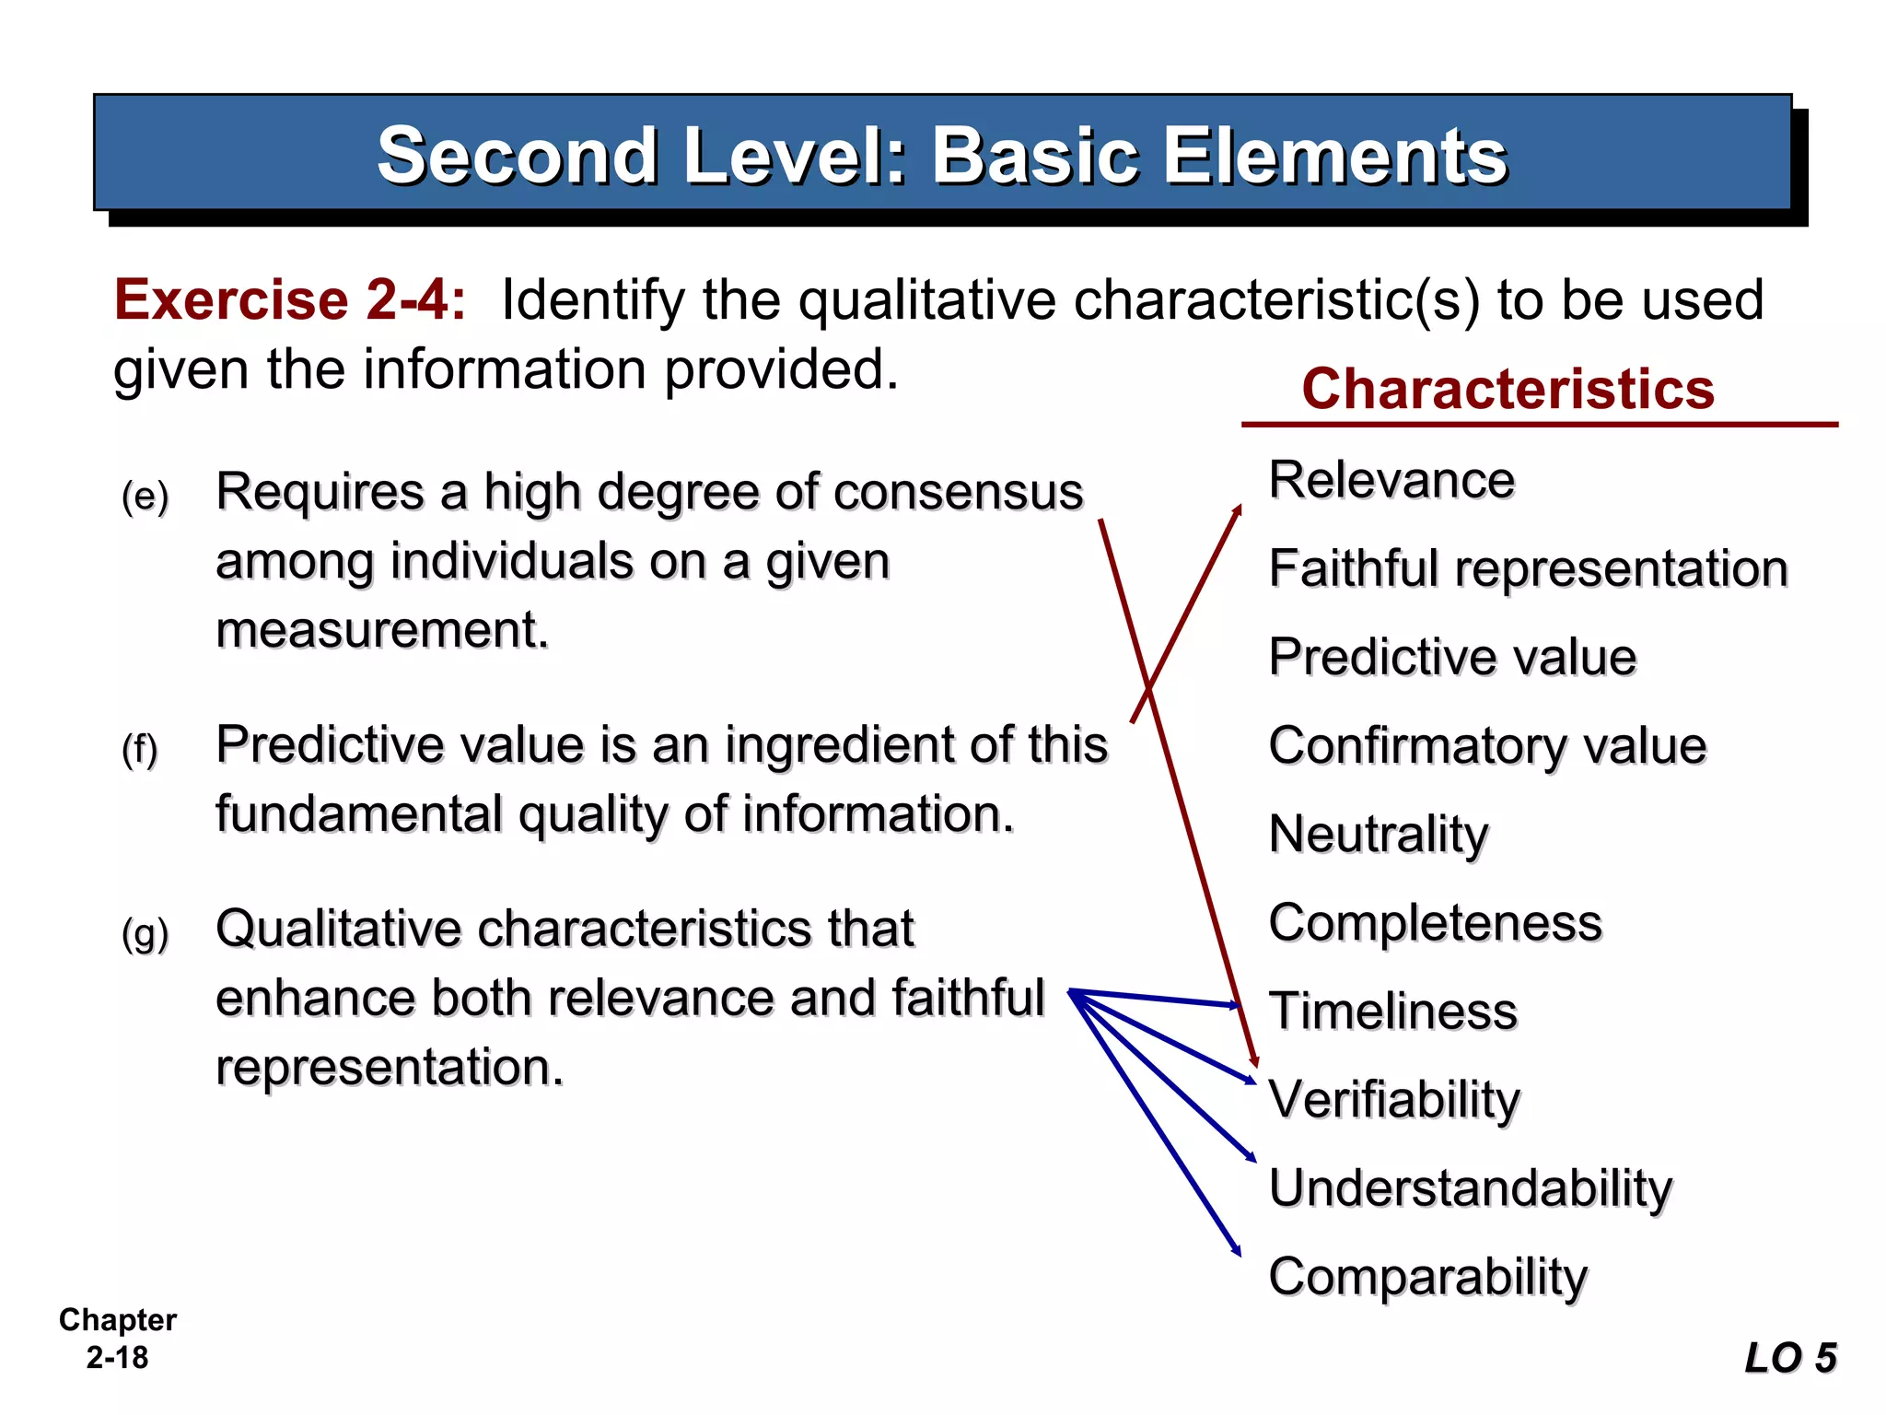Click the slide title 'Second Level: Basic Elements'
pos(941,155)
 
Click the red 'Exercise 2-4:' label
pos(290,299)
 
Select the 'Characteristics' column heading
pos(1508,389)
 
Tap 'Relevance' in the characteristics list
pos(1391,480)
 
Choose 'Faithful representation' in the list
pos(1528,568)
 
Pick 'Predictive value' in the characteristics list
pos(1452,657)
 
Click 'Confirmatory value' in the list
pos(1487,745)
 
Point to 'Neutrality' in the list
pos(1379,835)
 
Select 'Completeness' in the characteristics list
pos(1435,922)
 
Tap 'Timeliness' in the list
pos(1392,1011)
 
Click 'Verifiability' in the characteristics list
pos(1394,1099)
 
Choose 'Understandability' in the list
pos(1470,1187)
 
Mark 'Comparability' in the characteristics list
pos(1427,1277)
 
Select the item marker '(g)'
pos(146,934)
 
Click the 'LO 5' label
pos(1790,1358)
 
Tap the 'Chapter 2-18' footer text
pos(117,1339)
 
